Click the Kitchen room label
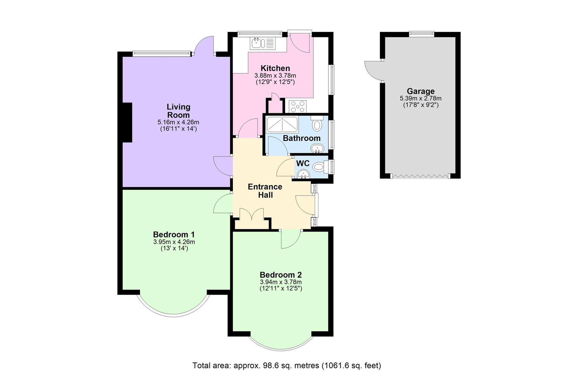coord(275,68)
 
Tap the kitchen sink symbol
coord(263,43)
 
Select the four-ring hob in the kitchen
coord(297,106)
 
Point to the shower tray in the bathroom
coord(282,124)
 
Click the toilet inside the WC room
coord(319,167)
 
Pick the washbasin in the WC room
coord(303,174)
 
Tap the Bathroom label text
coord(302,138)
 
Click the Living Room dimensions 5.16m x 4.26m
coord(178,122)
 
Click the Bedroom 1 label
coord(174,235)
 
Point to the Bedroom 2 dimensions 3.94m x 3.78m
coord(281,282)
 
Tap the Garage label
coord(420,91)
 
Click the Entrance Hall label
coord(265,191)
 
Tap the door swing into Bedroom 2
coord(290,239)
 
